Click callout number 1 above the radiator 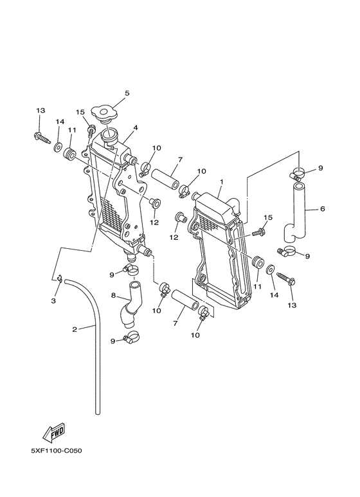221,182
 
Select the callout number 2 75,330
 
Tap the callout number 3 53,300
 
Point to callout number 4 136,127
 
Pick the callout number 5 127,93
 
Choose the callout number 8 113,296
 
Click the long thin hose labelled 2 96,347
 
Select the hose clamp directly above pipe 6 298,173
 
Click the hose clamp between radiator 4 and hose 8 130,269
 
